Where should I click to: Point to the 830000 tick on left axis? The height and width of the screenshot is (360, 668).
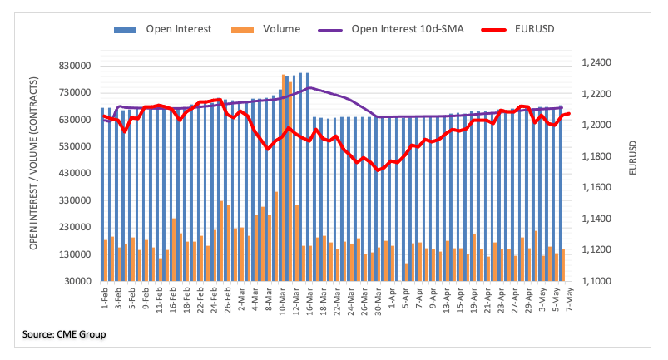71,66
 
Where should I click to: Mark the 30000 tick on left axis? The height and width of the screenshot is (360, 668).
73,282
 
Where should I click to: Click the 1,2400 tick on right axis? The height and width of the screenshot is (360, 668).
596,63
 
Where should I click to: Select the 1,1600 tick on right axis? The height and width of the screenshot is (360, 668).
596,188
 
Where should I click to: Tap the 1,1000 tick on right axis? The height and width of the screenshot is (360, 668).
596,282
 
